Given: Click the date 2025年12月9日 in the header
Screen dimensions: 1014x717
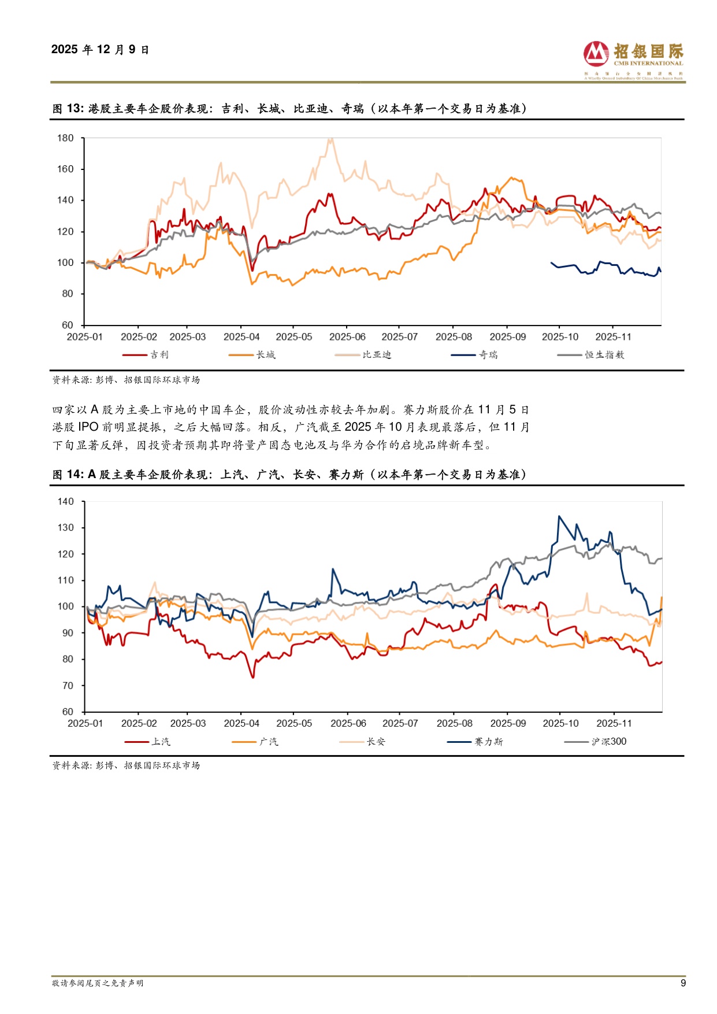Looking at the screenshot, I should click(100, 50).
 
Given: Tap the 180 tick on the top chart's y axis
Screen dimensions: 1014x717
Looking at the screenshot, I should click(65, 138).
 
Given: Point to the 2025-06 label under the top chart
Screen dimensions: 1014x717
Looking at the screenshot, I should click(347, 337).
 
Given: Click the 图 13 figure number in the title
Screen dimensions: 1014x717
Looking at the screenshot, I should click(68, 109).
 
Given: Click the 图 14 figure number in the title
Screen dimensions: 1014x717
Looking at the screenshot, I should click(68, 475).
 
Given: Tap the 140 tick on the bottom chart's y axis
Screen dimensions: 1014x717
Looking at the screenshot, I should click(66, 502).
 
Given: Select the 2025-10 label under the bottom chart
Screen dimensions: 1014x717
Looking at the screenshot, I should click(560, 723).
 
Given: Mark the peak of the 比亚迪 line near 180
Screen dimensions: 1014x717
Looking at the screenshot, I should click(330, 139).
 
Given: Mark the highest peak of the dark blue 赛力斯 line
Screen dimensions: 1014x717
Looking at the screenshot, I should click(559, 516).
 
